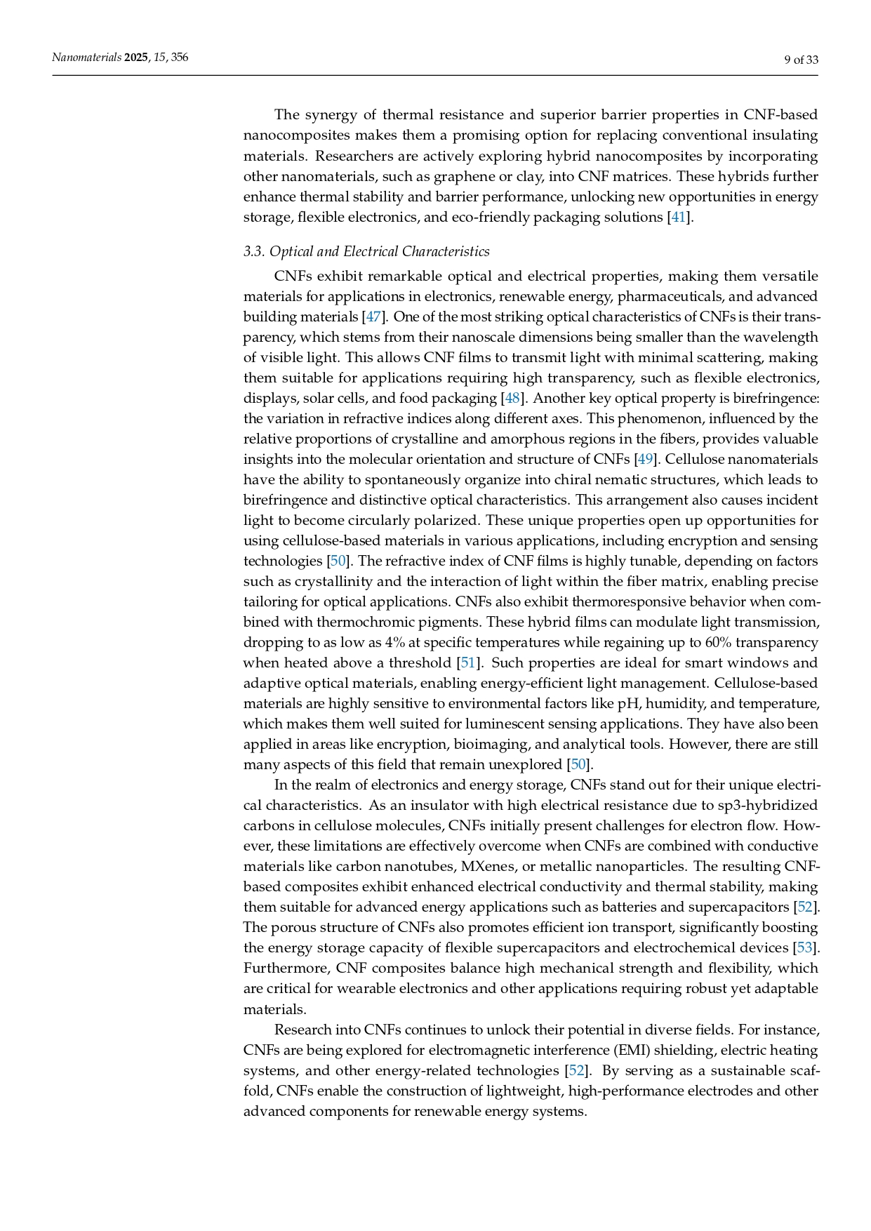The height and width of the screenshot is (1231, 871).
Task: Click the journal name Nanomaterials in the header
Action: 86,58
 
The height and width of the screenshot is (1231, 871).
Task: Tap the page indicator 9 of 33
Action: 801,60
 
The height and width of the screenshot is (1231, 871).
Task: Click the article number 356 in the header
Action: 179,58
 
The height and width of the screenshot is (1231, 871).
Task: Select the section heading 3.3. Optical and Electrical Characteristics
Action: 366,251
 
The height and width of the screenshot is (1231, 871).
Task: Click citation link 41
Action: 678,218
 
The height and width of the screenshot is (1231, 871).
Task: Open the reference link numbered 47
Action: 373,317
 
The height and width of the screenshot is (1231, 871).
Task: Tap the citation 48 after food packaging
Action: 512,399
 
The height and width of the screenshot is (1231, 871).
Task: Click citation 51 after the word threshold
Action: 467,663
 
